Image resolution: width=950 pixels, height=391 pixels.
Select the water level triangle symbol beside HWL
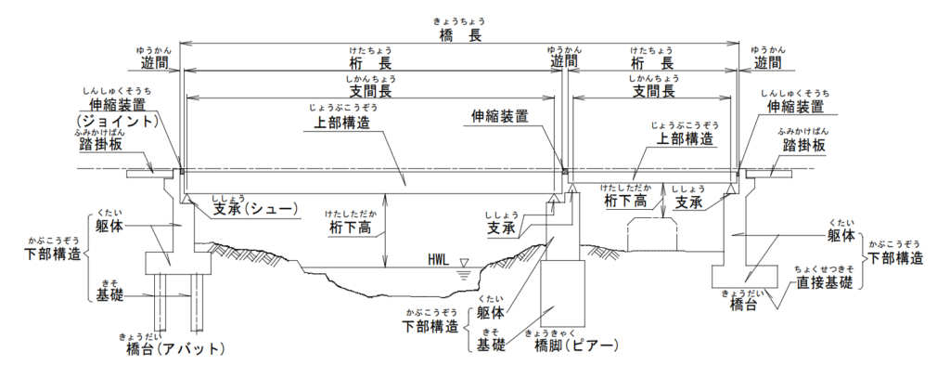click(x=465, y=265)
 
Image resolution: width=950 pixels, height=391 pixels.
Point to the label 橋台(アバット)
click(x=174, y=349)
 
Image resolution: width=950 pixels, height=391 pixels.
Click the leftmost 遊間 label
click(x=154, y=65)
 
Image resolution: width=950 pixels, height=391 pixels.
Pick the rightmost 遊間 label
click(x=767, y=63)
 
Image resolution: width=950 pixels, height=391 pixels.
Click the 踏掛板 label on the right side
click(x=803, y=148)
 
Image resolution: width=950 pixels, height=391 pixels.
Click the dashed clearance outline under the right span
click(x=656, y=235)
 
